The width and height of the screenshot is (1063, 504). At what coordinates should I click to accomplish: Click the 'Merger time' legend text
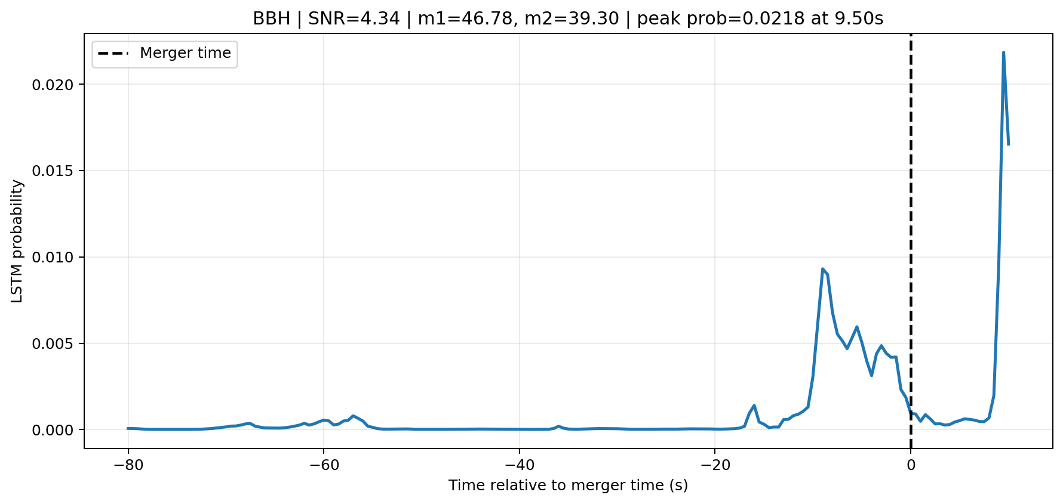[x=185, y=53]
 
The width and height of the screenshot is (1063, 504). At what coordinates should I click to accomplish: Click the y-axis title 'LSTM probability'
[x=17, y=241]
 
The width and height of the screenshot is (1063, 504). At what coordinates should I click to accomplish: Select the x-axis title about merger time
[x=568, y=486]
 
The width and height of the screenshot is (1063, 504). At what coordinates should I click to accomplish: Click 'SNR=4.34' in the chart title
[x=354, y=19]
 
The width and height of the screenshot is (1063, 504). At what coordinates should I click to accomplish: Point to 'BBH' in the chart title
[x=272, y=19]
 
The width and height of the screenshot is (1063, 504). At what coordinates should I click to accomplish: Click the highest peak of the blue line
[x=1003, y=52]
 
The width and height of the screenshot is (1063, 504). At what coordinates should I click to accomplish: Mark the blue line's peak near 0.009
[x=822, y=269]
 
